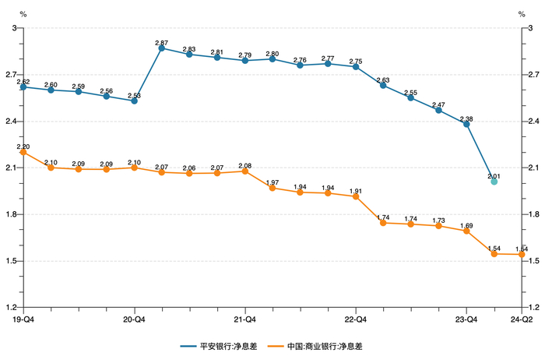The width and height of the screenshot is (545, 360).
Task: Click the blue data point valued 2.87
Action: pyautogui.click(x=162, y=48)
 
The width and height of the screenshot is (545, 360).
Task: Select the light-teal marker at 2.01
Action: pyautogui.click(x=494, y=182)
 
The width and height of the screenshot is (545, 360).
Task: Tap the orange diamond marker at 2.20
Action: pyautogui.click(x=23, y=152)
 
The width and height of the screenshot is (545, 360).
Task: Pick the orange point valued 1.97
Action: pyautogui.click(x=272, y=188)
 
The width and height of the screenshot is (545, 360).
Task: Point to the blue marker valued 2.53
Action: pyautogui.click(x=134, y=101)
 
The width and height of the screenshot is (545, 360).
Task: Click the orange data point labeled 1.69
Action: pyautogui.click(x=466, y=231)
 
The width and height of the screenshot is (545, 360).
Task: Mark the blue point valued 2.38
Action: pyautogui.click(x=466, y=124)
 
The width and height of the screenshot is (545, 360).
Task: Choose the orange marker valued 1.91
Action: pyautogui.click(x=356, y=197)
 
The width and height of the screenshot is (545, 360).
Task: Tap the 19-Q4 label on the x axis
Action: pyautogui.click(x=23, y=319)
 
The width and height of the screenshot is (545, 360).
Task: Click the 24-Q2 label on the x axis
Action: pyautogui.click(x=521, y=319)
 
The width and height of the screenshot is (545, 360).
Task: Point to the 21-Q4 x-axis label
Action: pyautogui.click(x=244, y=319)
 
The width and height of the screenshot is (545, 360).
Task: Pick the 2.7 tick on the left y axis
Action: pyautogui.click(x=11, y=75)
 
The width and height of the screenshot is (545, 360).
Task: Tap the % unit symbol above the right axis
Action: pyautogui.click(x=522, y=14)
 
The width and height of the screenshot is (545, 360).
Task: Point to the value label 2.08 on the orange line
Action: pyautogui.click(x=244, y=165)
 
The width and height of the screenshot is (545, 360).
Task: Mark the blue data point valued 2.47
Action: pyautogui.click(x=438, y=110)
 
